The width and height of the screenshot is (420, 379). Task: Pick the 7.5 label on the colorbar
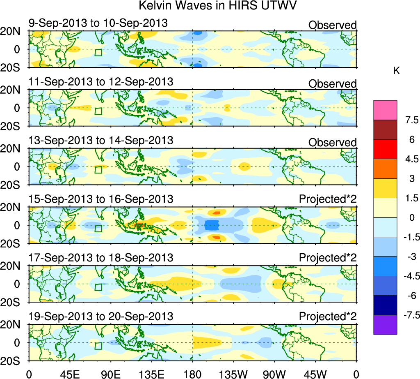pos(410,120)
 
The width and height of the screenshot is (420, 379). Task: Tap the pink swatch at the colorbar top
pos(385,110)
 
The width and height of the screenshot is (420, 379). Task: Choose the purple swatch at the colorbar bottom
pos(385,325)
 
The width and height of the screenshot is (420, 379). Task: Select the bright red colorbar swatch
pos(385,149)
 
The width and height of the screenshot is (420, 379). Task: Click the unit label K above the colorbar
pos(397,71)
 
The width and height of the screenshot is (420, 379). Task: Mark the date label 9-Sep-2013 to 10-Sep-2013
pos(98,23)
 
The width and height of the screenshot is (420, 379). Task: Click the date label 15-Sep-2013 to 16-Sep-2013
pos(101,199)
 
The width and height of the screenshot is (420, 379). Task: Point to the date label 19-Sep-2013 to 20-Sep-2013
pos(101,317)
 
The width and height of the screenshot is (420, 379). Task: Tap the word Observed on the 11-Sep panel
pos(332,84)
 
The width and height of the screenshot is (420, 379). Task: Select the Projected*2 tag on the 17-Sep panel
pos(328,258)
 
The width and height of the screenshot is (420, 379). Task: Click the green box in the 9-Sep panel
pos(98,52)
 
